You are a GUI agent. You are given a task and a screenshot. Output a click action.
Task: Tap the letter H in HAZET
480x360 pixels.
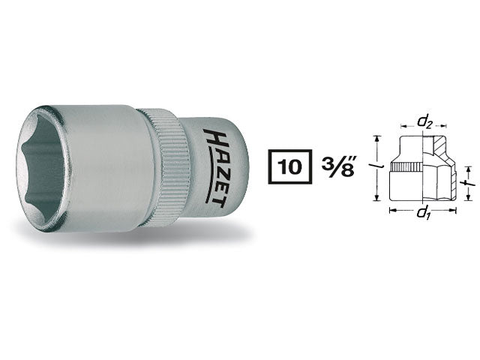[x=210, y=136]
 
